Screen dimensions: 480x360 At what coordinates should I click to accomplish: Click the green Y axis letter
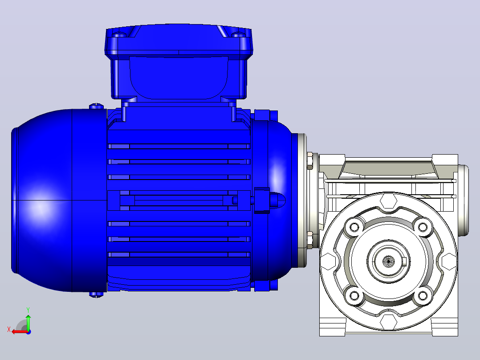28,310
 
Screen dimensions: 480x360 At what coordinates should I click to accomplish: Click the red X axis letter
9,329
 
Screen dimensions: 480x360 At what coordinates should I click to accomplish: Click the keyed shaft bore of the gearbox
389,262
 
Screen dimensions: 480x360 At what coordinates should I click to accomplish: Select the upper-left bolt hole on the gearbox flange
354,227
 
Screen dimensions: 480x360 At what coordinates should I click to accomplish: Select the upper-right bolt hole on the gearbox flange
423,227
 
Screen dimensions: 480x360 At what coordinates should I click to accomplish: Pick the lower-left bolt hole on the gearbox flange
354,296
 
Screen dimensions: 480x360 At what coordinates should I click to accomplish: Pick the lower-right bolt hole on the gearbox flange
423,296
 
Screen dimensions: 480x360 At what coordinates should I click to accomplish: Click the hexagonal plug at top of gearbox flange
388,201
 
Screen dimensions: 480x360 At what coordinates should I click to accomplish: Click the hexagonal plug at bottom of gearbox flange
388,322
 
